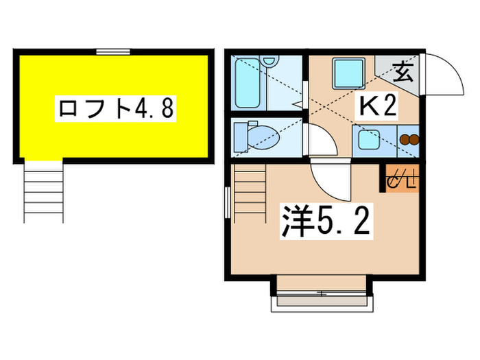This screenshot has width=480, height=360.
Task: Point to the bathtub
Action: (x=247, y=85)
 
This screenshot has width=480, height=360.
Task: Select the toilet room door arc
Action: (x=321, y=141)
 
